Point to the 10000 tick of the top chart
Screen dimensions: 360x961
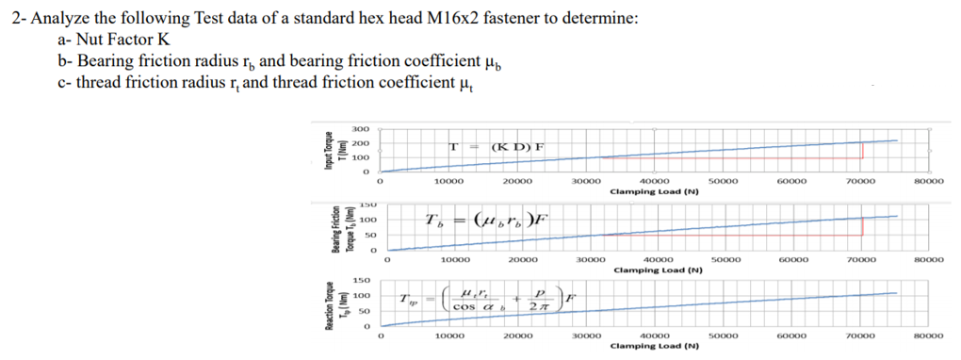(448, 181)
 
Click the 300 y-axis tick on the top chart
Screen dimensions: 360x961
(361, 128)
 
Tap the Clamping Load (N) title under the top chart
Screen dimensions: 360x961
(654, 190)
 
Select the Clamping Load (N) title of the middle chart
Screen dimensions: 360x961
(656, 269)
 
